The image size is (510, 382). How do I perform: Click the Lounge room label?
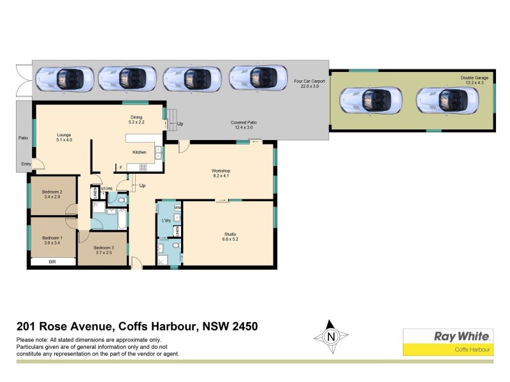click(x=64, y=138)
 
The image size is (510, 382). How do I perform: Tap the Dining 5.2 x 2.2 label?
click(x=136, y=120)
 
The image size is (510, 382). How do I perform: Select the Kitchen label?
click(x=140, y=152)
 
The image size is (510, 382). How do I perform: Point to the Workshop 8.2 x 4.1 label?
click(x=221, y=173)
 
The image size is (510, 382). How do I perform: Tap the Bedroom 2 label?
click(x=52, y=194)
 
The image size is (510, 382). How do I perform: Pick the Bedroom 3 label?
click(x=103, y=251)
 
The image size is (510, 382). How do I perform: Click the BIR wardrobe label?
click(x=52, y=262)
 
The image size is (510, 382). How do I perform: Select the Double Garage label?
click(x=474, y=80)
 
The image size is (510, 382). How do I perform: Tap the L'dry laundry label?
click(x=166, y=220)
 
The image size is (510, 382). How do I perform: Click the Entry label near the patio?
click(x=25, y=164)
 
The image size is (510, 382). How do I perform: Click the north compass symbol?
click(x=330, y=337)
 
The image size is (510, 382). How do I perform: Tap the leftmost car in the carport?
click(x=64, y=79)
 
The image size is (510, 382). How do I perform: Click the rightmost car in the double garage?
click(x=447, y=99)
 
